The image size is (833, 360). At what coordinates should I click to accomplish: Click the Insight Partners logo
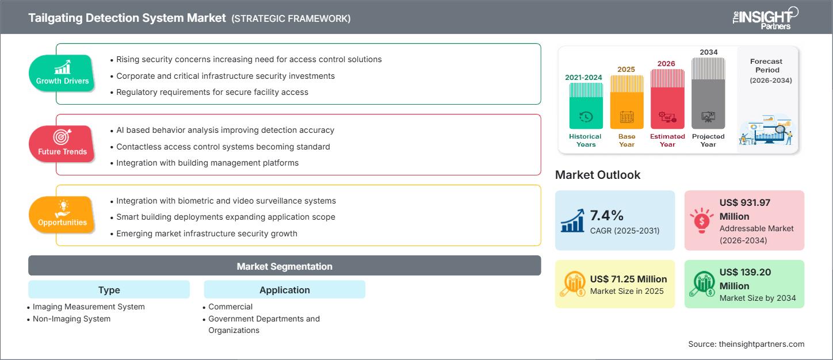[765, 18]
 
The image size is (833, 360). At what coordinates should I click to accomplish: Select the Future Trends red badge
[62, 144]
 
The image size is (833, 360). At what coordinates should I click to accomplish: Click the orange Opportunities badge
[62, 215]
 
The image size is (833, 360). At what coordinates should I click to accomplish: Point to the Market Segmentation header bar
[284, 266]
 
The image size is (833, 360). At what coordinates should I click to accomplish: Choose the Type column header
[109, 290]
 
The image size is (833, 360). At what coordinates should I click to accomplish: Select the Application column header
[284, 290]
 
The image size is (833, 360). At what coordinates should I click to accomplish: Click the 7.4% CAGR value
[607, 216]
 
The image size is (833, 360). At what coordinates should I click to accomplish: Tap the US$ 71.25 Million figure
[628, 279]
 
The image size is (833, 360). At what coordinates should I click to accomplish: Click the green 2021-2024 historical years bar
[586, 106]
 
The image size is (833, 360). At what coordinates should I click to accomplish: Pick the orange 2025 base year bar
[626, 102]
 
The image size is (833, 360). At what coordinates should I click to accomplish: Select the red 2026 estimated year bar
[667, 99]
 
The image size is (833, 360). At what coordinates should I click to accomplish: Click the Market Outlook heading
[597, 175]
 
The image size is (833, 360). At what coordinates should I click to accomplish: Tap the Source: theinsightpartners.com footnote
[746, 344]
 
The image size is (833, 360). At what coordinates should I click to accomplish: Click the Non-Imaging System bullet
[71, 319]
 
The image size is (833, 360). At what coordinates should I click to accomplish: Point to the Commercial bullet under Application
[230, 307]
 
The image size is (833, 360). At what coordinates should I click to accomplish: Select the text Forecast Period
[766, 66]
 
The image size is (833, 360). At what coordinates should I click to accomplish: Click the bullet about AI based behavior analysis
[225, 130]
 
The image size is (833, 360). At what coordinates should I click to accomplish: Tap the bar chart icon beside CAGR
[572, 221]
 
